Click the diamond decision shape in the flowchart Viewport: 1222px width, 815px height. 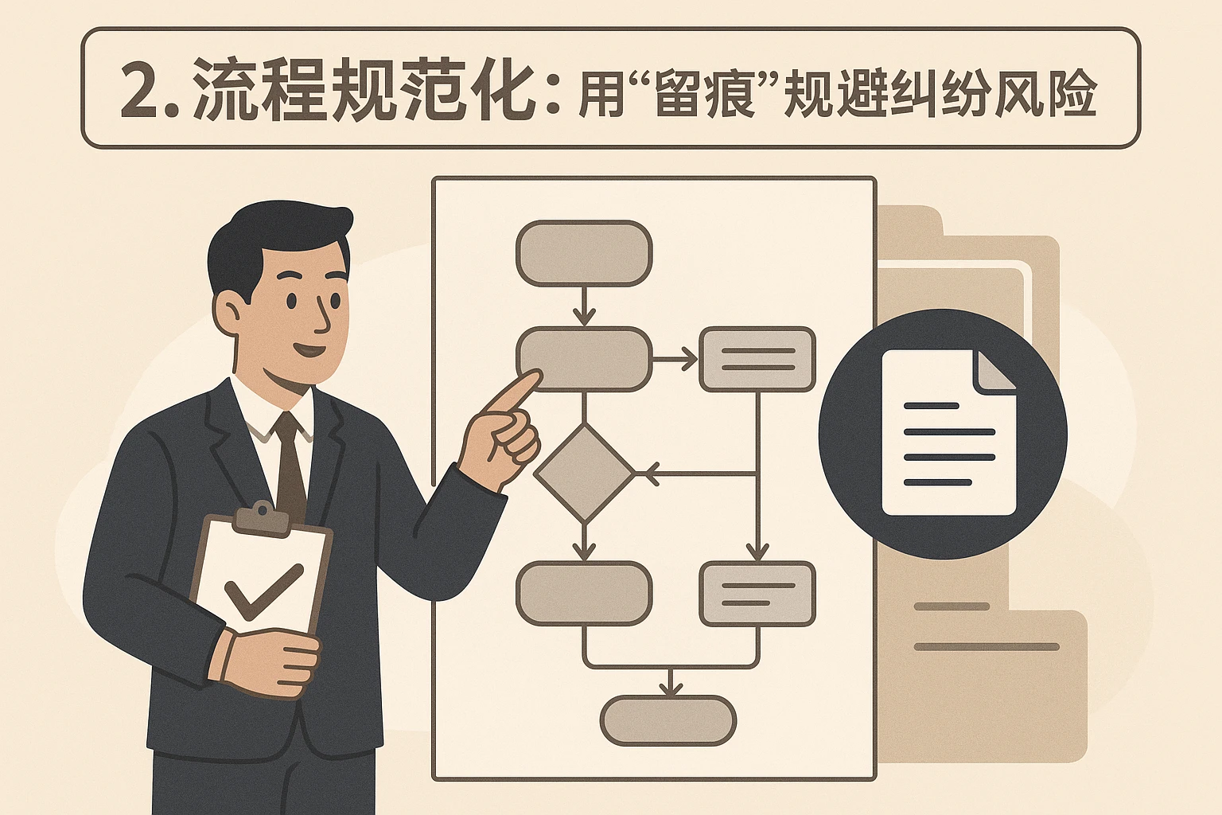(585, 474)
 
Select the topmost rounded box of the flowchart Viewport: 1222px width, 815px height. (584, 254)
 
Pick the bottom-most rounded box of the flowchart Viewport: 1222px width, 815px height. (668, 720)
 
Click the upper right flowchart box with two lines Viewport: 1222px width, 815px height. (757, 360)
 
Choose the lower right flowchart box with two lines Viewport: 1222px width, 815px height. (757, 594)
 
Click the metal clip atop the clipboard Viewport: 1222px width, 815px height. (262, 516)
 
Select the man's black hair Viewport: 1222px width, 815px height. (270, 235)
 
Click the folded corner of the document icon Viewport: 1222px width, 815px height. (994, 370)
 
